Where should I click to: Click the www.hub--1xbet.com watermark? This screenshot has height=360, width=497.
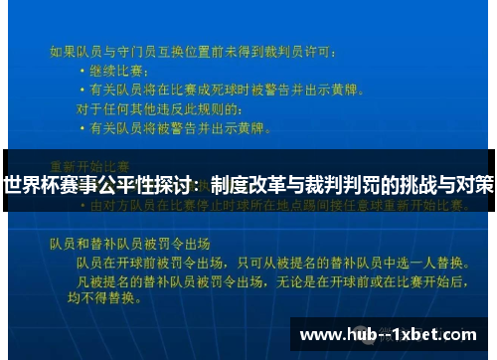[391, 334]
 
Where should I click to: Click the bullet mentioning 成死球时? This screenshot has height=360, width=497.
[219, 89]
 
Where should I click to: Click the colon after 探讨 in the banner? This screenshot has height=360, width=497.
[202, 185]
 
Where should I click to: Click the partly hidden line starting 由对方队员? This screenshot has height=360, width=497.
[279, 206]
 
